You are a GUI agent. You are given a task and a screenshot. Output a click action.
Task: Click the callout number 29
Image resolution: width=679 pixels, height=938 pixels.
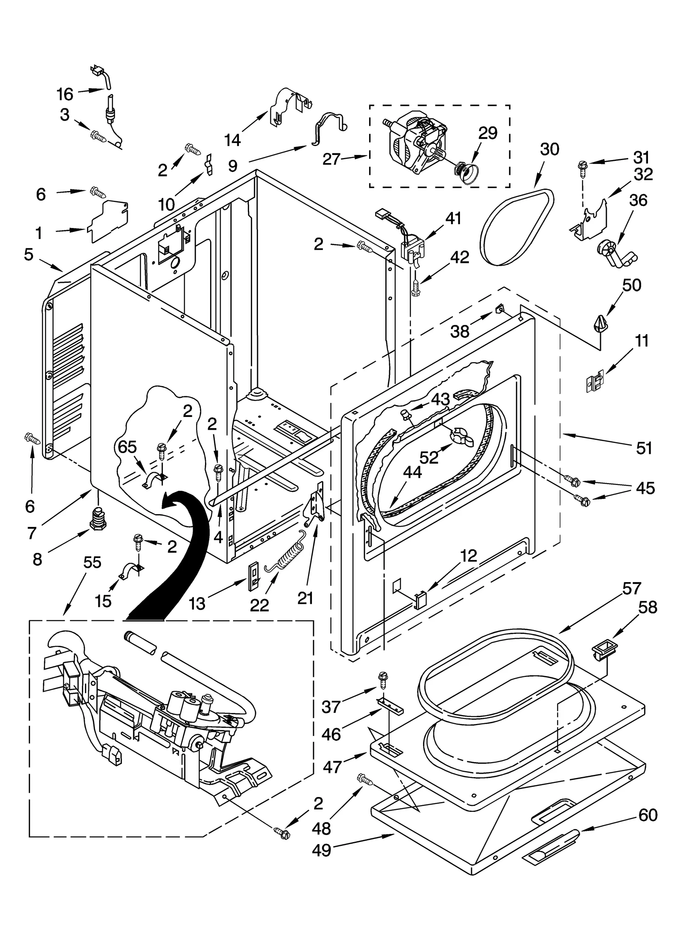point(488,133)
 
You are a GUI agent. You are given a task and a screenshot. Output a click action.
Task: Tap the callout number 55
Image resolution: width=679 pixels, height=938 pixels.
point(92,563)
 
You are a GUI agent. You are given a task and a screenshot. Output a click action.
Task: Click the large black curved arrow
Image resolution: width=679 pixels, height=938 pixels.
point(178,548)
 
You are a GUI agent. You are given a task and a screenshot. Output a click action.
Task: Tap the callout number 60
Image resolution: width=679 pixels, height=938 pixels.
point(648,815)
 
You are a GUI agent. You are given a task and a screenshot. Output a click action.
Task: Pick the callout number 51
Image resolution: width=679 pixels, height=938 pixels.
point(644,448)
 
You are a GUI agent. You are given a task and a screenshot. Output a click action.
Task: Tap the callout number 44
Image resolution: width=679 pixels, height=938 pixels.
point(412,473)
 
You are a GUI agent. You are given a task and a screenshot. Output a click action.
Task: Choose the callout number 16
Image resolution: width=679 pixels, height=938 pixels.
point(65,94)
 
